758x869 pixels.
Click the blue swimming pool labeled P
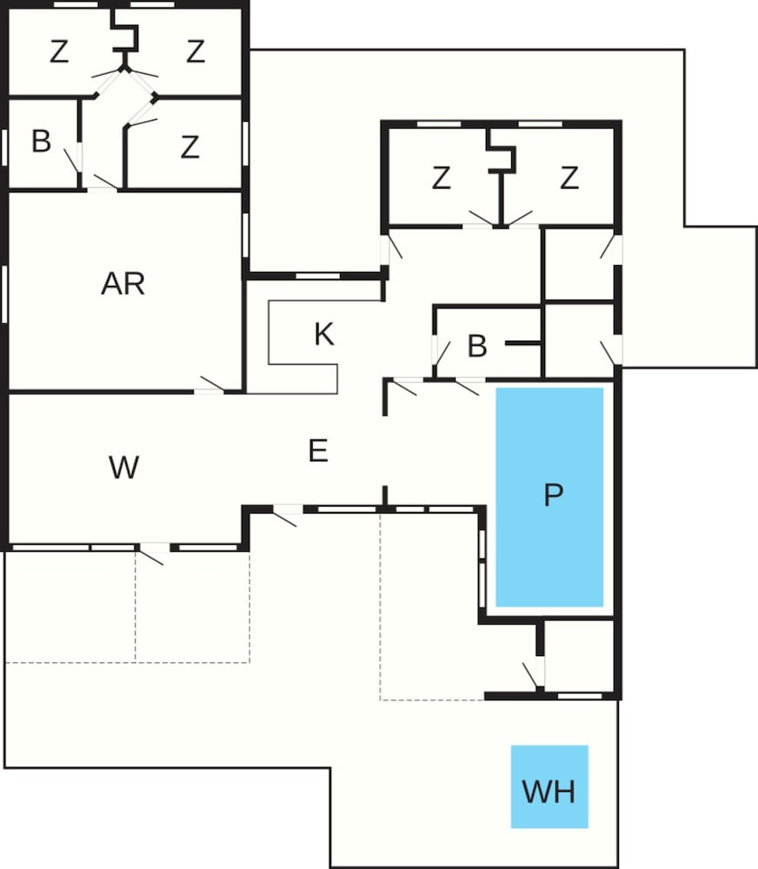(x=549, y=496)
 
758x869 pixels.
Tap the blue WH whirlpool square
(x=549, y=786)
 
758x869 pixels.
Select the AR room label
(x=123, y=284)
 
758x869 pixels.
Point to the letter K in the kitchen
(x=324, y=335)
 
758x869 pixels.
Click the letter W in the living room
(x=123, y=468)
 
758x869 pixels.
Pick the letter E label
(x=318, y=450)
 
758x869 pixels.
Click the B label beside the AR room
(x=42, y=141)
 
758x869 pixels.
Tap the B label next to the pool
(x=477, y=346)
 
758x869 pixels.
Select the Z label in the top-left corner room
(x=59, y=52)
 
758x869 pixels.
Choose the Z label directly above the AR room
(x=189, y=148)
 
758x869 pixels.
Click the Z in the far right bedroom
(x=569, y=178)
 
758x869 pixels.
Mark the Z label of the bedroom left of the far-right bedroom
(x=441, y=178)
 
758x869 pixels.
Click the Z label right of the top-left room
(x=196, y=52)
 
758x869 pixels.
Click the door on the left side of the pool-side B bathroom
(x=442, y=354)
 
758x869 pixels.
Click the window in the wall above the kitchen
(x=318, y=276)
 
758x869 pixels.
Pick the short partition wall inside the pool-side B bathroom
(x=523, y=343)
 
